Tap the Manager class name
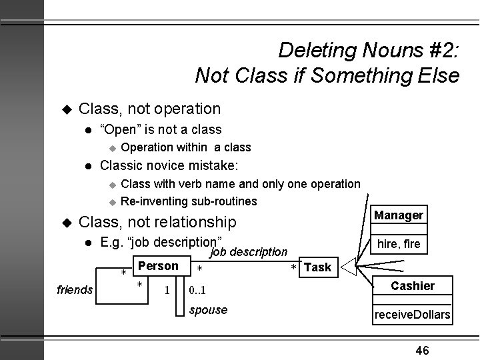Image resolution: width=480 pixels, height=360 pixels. point(399,215)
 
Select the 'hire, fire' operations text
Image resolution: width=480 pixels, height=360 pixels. point(399,244)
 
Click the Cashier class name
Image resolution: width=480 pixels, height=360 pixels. point(413,286)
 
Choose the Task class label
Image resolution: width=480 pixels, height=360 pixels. point(317,267)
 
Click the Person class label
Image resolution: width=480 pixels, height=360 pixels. point(158,266)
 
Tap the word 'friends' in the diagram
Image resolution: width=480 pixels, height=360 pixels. point(76,290)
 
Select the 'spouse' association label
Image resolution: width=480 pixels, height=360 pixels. point(209,310)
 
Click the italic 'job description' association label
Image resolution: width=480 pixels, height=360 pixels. point(249,253)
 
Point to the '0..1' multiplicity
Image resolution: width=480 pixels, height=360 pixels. point(197,291)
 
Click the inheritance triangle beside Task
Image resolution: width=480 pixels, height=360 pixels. point(349,269)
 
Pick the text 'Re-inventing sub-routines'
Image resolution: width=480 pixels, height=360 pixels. point(189,201)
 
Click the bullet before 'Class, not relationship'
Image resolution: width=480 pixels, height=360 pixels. point(65,221)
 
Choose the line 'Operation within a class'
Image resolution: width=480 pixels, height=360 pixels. point(186,147)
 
